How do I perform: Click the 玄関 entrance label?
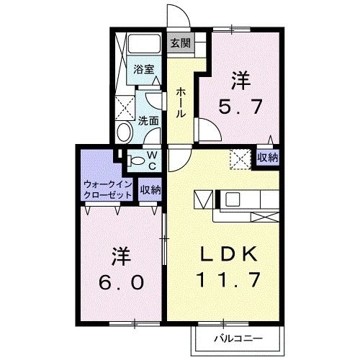tap(180, 42)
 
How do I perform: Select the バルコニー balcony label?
tap(237, 338)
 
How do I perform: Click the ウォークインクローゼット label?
tap(108, 189)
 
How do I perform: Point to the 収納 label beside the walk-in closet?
tap(150, 190)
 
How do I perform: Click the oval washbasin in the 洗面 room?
tap(123, 133)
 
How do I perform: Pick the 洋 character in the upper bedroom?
tap(240, 80)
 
